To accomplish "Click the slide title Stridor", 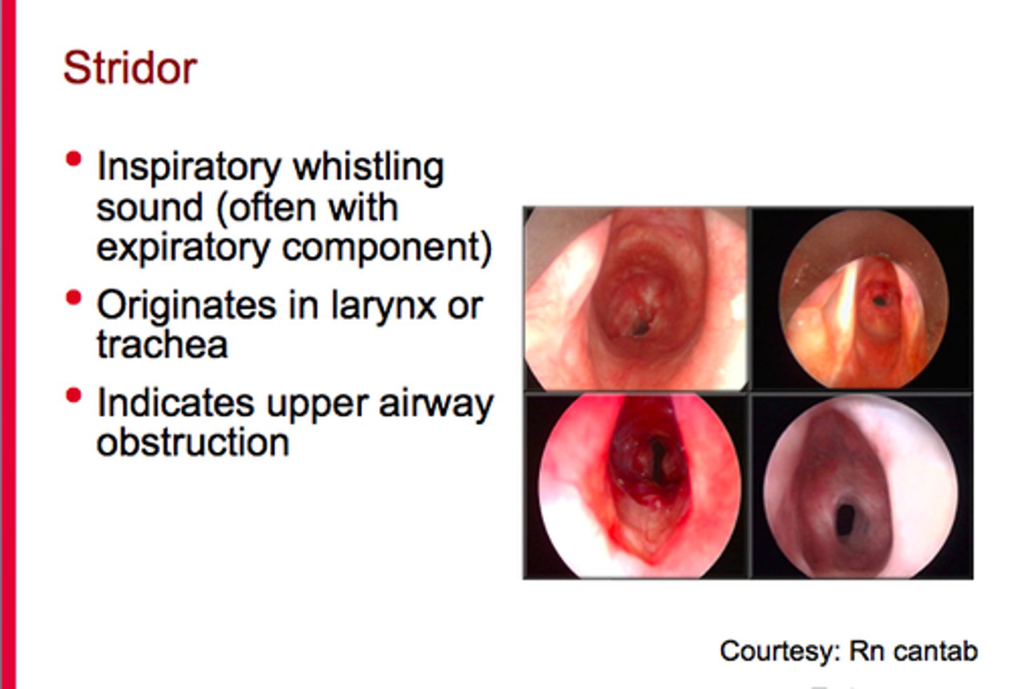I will tap(130, 68).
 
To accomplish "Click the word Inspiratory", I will tap(189, 168).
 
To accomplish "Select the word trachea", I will tap(162, 344).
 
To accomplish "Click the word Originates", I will tap(187, 306).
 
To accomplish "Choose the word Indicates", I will tap(175, 403).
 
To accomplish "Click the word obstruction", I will tap(193, 443).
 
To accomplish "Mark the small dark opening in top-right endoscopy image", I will tap(878, 300).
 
